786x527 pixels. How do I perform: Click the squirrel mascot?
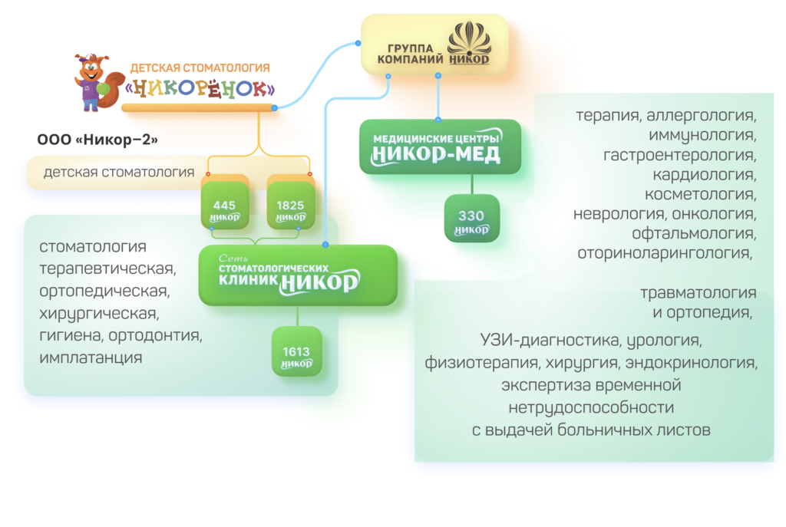coord(94,82)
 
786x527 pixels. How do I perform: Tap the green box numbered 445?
coord(224,205)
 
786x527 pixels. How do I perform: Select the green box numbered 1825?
coord(290,205)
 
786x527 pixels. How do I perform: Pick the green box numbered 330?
coord(471,219)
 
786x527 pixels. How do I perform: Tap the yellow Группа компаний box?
coord(434,46)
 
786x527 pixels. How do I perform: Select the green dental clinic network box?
coord(298,275)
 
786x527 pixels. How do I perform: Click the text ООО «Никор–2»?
coord(97,140)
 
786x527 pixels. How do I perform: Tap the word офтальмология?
coord(694,232)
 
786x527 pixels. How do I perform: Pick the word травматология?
coord(698,293)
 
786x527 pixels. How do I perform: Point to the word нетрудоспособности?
coord(590,407)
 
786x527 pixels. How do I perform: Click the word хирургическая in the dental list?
coord(99,313)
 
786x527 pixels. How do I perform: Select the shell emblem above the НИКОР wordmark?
coord(468,38)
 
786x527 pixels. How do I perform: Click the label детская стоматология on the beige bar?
coord(119,172)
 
